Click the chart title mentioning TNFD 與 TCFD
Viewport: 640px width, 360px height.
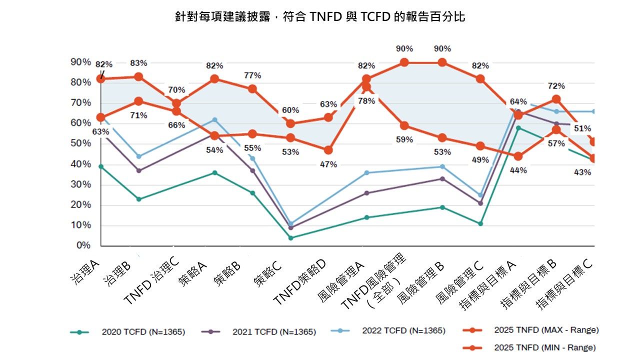[320, 17]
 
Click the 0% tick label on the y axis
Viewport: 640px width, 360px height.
[83, 245]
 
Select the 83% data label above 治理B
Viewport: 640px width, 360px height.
[138, 63]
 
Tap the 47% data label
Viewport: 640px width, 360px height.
[328, 164]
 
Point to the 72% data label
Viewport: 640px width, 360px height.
[556, 86]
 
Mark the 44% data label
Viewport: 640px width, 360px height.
[518, 170]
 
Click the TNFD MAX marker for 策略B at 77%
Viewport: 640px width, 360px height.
[252, 89]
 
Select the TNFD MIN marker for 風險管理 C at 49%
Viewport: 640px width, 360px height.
[480, 146]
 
